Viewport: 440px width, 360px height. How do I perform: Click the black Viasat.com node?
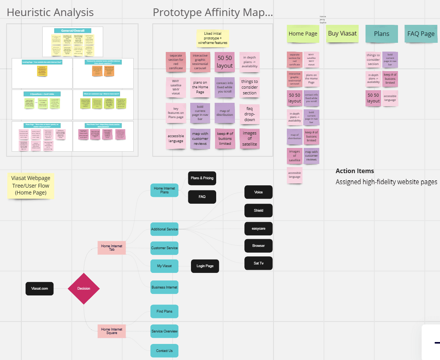tap(40, 289)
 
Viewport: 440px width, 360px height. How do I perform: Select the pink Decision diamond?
tap(84, 289)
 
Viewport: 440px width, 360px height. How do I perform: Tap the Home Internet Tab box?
tap(112, 248)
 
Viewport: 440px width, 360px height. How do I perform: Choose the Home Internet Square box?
tap(112, 331)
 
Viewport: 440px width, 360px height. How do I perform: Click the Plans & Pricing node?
tap(202, 178)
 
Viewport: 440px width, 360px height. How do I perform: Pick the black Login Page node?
tap(205, 266)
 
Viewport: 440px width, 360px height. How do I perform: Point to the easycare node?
tap(259, 229)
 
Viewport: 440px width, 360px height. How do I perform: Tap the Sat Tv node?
tap(259, 263)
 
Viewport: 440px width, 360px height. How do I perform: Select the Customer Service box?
tap(164, 248)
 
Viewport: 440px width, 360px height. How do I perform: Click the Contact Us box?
tap(164, 351)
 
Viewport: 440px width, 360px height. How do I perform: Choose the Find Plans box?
tap(164, 311)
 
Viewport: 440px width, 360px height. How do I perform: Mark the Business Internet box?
tap(164, 287)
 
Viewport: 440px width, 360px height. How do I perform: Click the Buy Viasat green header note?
tap(342, 34)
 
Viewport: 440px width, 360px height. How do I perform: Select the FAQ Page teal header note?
tap(421, 34)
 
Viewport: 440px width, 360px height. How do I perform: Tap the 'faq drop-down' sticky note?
tap(249, 114)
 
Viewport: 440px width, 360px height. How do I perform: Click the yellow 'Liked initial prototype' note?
tap(212, 39)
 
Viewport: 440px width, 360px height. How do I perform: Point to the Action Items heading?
tap(355, 171)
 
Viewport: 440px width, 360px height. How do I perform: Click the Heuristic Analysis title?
tap(50, 12)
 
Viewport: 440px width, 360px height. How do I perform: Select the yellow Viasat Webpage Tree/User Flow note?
tap(31, 185)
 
